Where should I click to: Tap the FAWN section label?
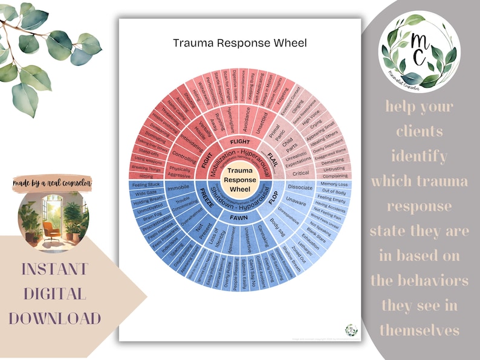point(240,216)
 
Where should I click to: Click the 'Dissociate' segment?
point(300,187)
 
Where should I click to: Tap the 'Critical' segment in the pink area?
point(300,173)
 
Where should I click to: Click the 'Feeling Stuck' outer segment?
point(145,184)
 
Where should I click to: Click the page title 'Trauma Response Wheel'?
point(239,43)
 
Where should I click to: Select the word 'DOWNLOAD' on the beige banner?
point(54,318)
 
